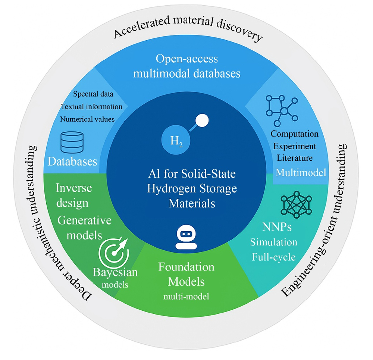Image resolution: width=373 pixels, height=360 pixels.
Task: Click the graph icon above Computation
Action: point(282,110)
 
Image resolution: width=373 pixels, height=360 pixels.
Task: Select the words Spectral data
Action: point(93,94)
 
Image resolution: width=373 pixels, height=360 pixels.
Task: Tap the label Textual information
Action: point(92,107)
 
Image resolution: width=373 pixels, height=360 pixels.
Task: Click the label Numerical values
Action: point(87,119)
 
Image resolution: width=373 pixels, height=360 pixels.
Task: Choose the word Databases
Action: point(72,162)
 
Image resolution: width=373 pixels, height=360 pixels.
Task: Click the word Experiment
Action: point(294,146)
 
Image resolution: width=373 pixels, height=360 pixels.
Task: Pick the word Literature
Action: point(295,158)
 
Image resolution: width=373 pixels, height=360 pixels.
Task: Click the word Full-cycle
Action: point(274,257)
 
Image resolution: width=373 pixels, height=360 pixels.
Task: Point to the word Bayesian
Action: point(115,272)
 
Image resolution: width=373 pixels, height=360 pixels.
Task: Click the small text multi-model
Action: point(186,297)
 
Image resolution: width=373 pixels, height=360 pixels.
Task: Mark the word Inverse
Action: point(73,188)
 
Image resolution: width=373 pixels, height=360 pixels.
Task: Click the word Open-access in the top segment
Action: point(187,59)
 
